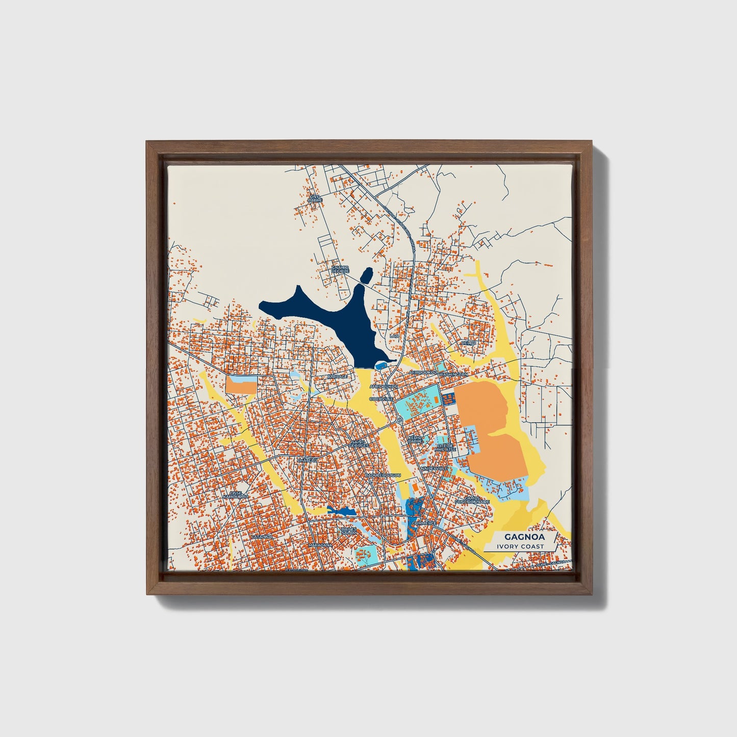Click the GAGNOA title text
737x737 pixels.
point(518,537)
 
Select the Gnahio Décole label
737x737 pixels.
point(340,269)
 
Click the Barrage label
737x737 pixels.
point(337,376)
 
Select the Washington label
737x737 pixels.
point(453,374)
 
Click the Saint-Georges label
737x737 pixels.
point(358,444)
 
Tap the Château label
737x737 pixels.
point(308,461)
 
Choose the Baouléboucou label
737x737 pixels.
point(383,475)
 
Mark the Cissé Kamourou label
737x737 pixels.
point(238,495)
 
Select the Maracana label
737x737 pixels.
point(320,545)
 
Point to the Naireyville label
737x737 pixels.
point(434,468)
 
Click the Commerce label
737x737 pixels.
point(424,523)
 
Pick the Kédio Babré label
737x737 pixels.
point(415,439)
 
